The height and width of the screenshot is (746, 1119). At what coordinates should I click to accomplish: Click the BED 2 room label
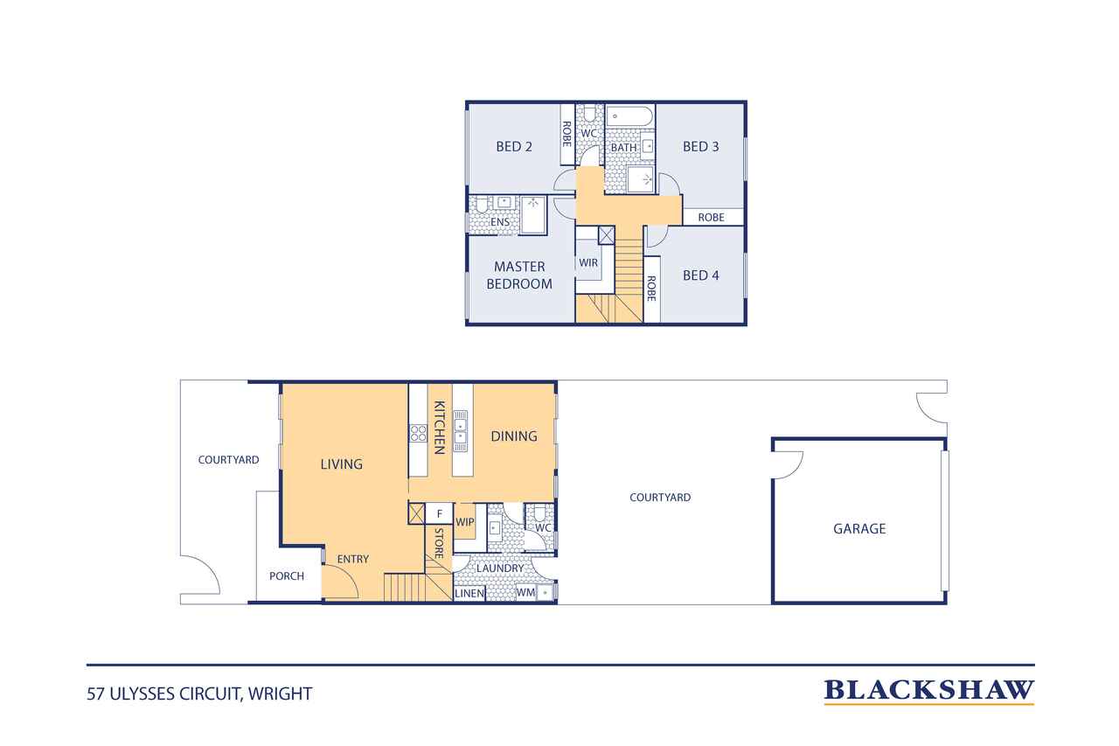(513, 146)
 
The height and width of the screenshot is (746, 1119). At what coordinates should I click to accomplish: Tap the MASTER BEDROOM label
(519, 275)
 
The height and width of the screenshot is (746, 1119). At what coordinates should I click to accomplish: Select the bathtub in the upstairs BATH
(629, 116)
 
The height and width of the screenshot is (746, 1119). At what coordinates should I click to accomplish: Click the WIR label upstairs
(588, 262)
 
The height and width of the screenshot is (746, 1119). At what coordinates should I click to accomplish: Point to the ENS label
(500, 222)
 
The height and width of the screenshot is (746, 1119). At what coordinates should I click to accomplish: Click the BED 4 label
(701, 275)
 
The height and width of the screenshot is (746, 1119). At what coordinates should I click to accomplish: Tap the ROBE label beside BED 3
(711, 218)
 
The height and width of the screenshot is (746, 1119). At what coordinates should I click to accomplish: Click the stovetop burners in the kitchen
(418, 433)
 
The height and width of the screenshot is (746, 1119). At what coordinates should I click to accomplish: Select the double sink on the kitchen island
(460, 430)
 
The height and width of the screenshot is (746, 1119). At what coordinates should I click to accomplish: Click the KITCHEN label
(439, 427)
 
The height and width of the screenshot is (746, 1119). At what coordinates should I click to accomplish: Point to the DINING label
(514, 436)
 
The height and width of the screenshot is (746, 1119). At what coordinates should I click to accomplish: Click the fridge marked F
(439, 513)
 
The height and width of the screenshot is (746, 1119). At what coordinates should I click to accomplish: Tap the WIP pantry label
(464, 521)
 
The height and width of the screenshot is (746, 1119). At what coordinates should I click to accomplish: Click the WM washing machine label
(525, 593)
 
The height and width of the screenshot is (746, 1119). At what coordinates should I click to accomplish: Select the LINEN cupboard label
(469, 593)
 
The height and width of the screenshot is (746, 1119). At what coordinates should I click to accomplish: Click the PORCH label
(287, 576)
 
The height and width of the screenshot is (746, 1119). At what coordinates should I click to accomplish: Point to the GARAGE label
(859, 528)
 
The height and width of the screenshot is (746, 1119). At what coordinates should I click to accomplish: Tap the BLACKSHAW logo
(928, 691)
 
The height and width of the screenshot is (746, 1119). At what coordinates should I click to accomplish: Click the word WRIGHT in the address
(281, 694)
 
